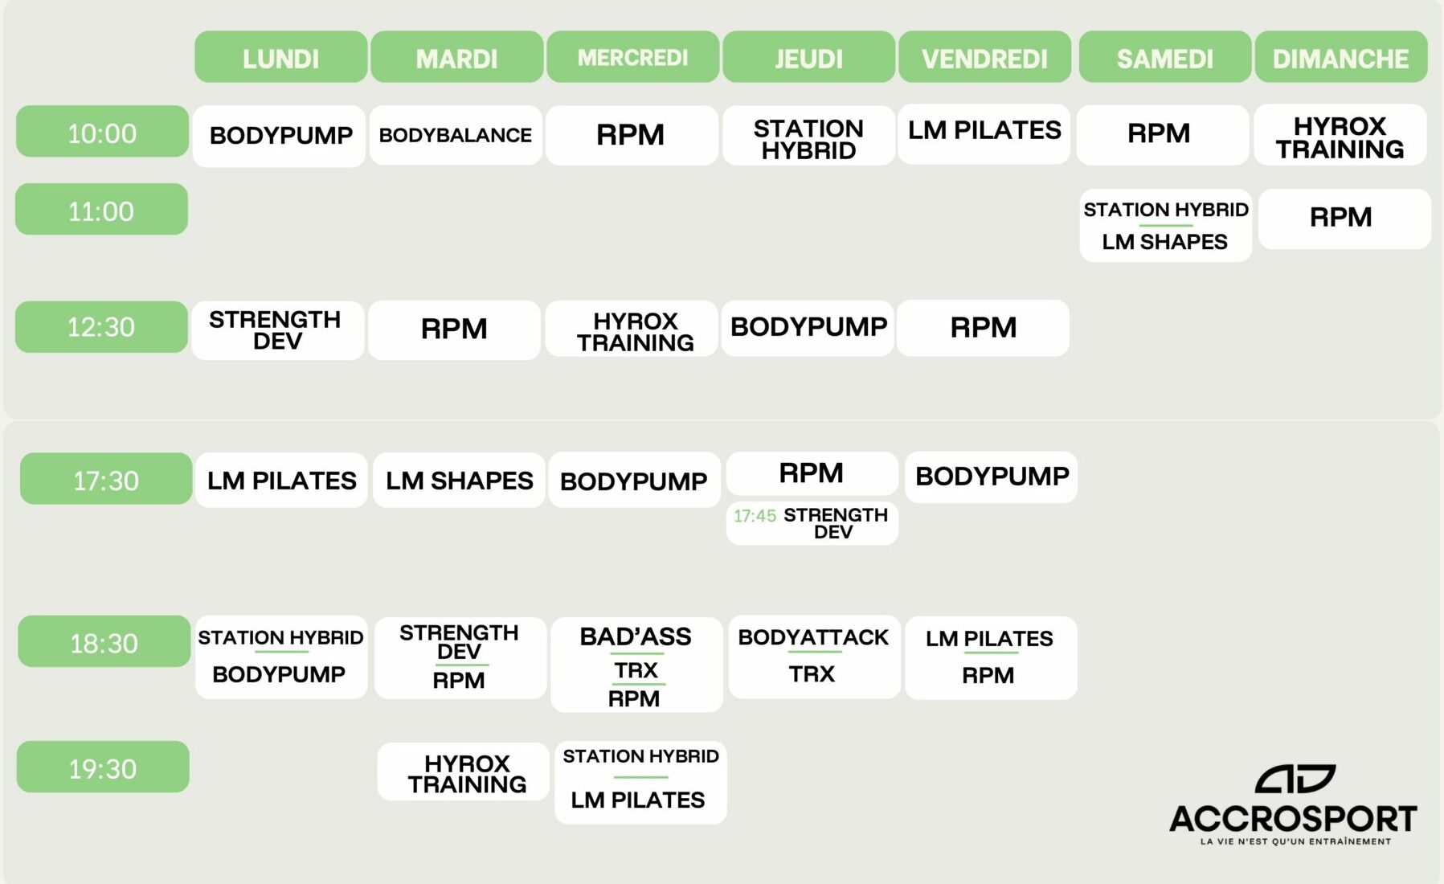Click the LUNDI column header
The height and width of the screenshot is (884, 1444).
(x=280, y=57)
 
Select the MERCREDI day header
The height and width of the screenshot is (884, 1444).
(x=633, y=57)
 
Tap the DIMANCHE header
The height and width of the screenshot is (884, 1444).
(x=1341, y=57)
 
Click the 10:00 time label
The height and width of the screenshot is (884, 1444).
(x=102, y=132)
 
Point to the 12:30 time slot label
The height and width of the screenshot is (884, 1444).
(x=101, y=327)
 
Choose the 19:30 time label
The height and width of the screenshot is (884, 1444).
(x=103, y=767)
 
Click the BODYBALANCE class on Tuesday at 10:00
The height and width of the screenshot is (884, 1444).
(x=456, y=135)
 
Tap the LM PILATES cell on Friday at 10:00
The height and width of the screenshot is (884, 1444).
(x=984, y=133)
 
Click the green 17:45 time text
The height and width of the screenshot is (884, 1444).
(x=755, y=516)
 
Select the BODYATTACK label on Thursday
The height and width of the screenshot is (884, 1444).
(x=813, y=637)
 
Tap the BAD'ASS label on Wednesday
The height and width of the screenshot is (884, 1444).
(x=636, y=636)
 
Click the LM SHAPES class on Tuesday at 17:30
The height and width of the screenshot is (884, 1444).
(x=460, y=481)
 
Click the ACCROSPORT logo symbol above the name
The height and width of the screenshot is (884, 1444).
(x=1295, y=780)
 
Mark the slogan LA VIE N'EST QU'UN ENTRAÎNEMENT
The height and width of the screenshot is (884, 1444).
(x=1295, y=841)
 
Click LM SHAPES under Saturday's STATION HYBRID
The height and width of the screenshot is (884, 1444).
(x=1164, y=242)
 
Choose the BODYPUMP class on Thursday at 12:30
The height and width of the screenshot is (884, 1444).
(x=808, y=328)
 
